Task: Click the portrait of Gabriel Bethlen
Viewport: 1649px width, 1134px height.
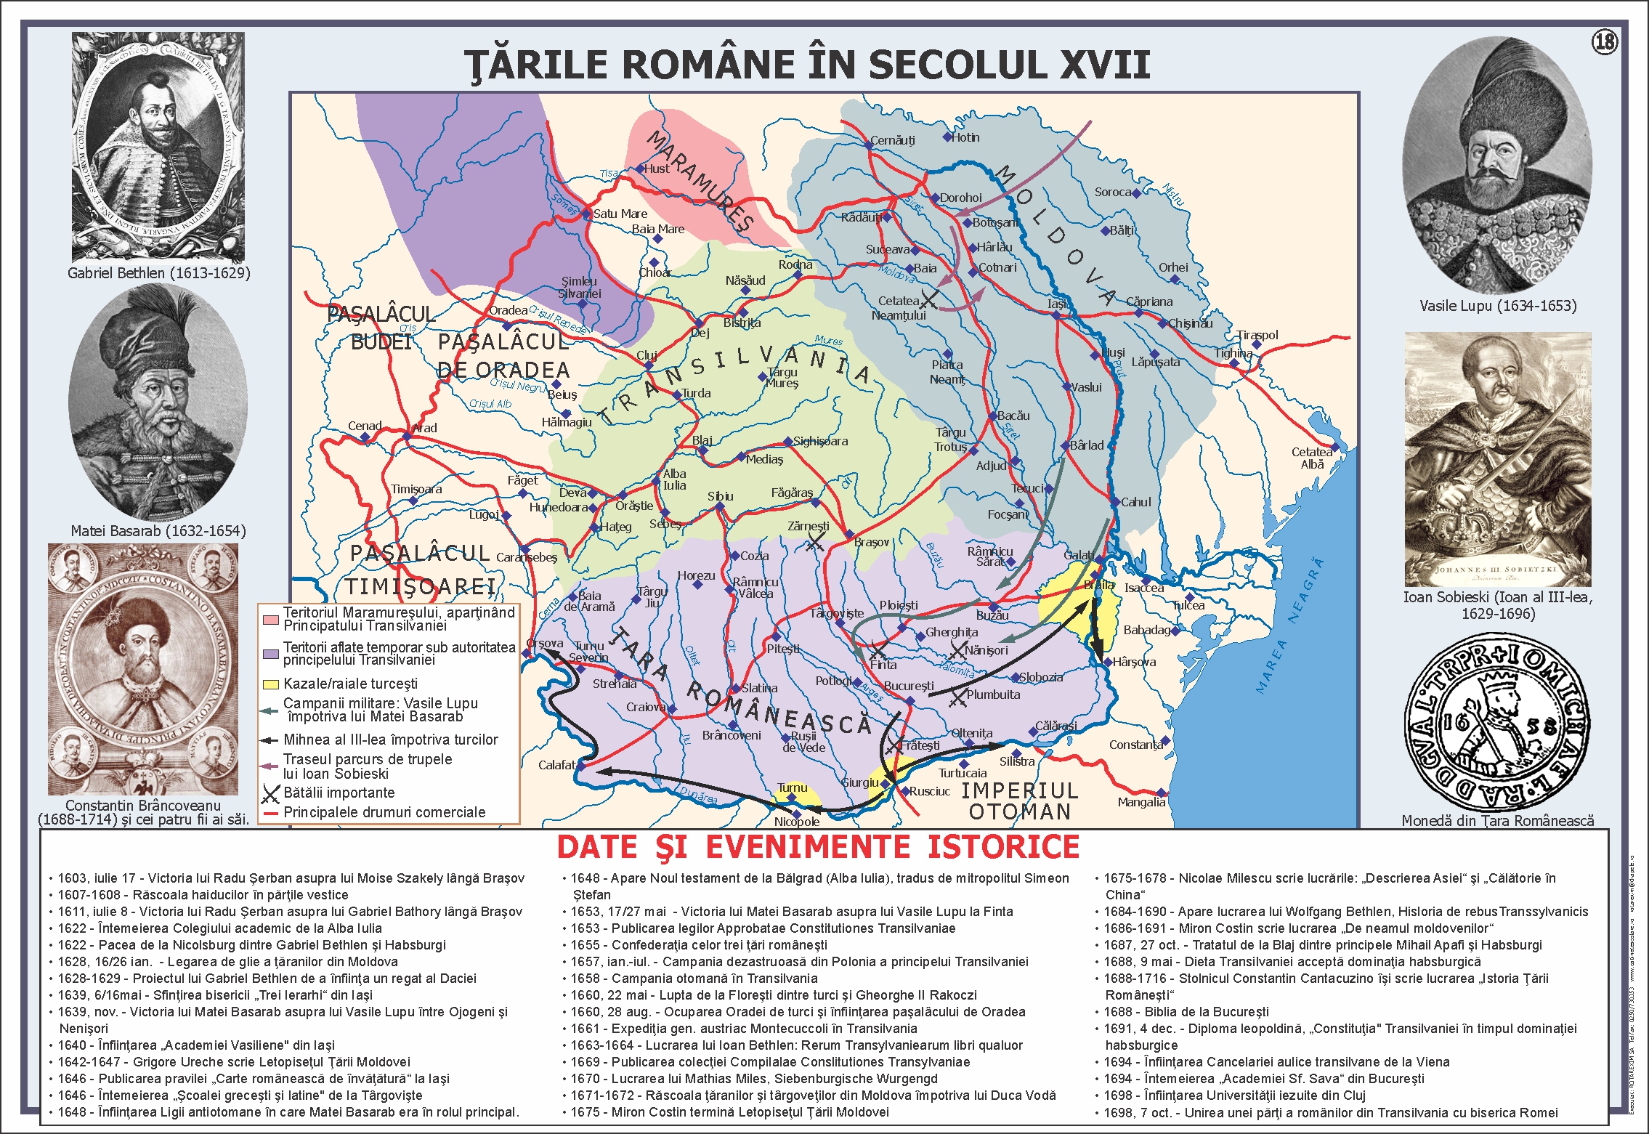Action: click(x=158, y=147)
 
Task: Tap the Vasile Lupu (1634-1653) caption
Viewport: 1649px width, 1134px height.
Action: click(x=1498, y=306)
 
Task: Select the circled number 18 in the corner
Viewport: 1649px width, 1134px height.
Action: click(x=1605, y=41)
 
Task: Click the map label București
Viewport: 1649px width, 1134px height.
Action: click(x=909, y=686)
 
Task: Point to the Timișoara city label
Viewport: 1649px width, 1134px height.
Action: click(x=416, y=489)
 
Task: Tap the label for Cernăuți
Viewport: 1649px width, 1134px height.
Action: click(x=893, y=139)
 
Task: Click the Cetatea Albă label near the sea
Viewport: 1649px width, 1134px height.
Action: click(x=1312, y=458)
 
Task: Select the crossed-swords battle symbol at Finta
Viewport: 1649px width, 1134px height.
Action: click(x=878, y=649)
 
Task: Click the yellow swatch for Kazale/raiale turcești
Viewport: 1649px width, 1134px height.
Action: click(x=270, y=684)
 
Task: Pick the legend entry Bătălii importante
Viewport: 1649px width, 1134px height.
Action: click(x=339, y=793)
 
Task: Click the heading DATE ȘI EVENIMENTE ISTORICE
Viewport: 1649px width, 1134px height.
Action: click(x=818, y=847)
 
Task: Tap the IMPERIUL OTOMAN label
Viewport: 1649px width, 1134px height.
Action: click(x=1019, y=801)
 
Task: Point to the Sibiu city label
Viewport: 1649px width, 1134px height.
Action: click(x=720, y=496)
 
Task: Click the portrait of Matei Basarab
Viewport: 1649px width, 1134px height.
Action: click(x=158, y=402)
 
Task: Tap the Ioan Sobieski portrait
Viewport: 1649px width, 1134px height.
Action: click(x=1498, y=459)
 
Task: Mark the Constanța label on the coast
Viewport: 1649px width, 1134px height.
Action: click(x=1135, y=745)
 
